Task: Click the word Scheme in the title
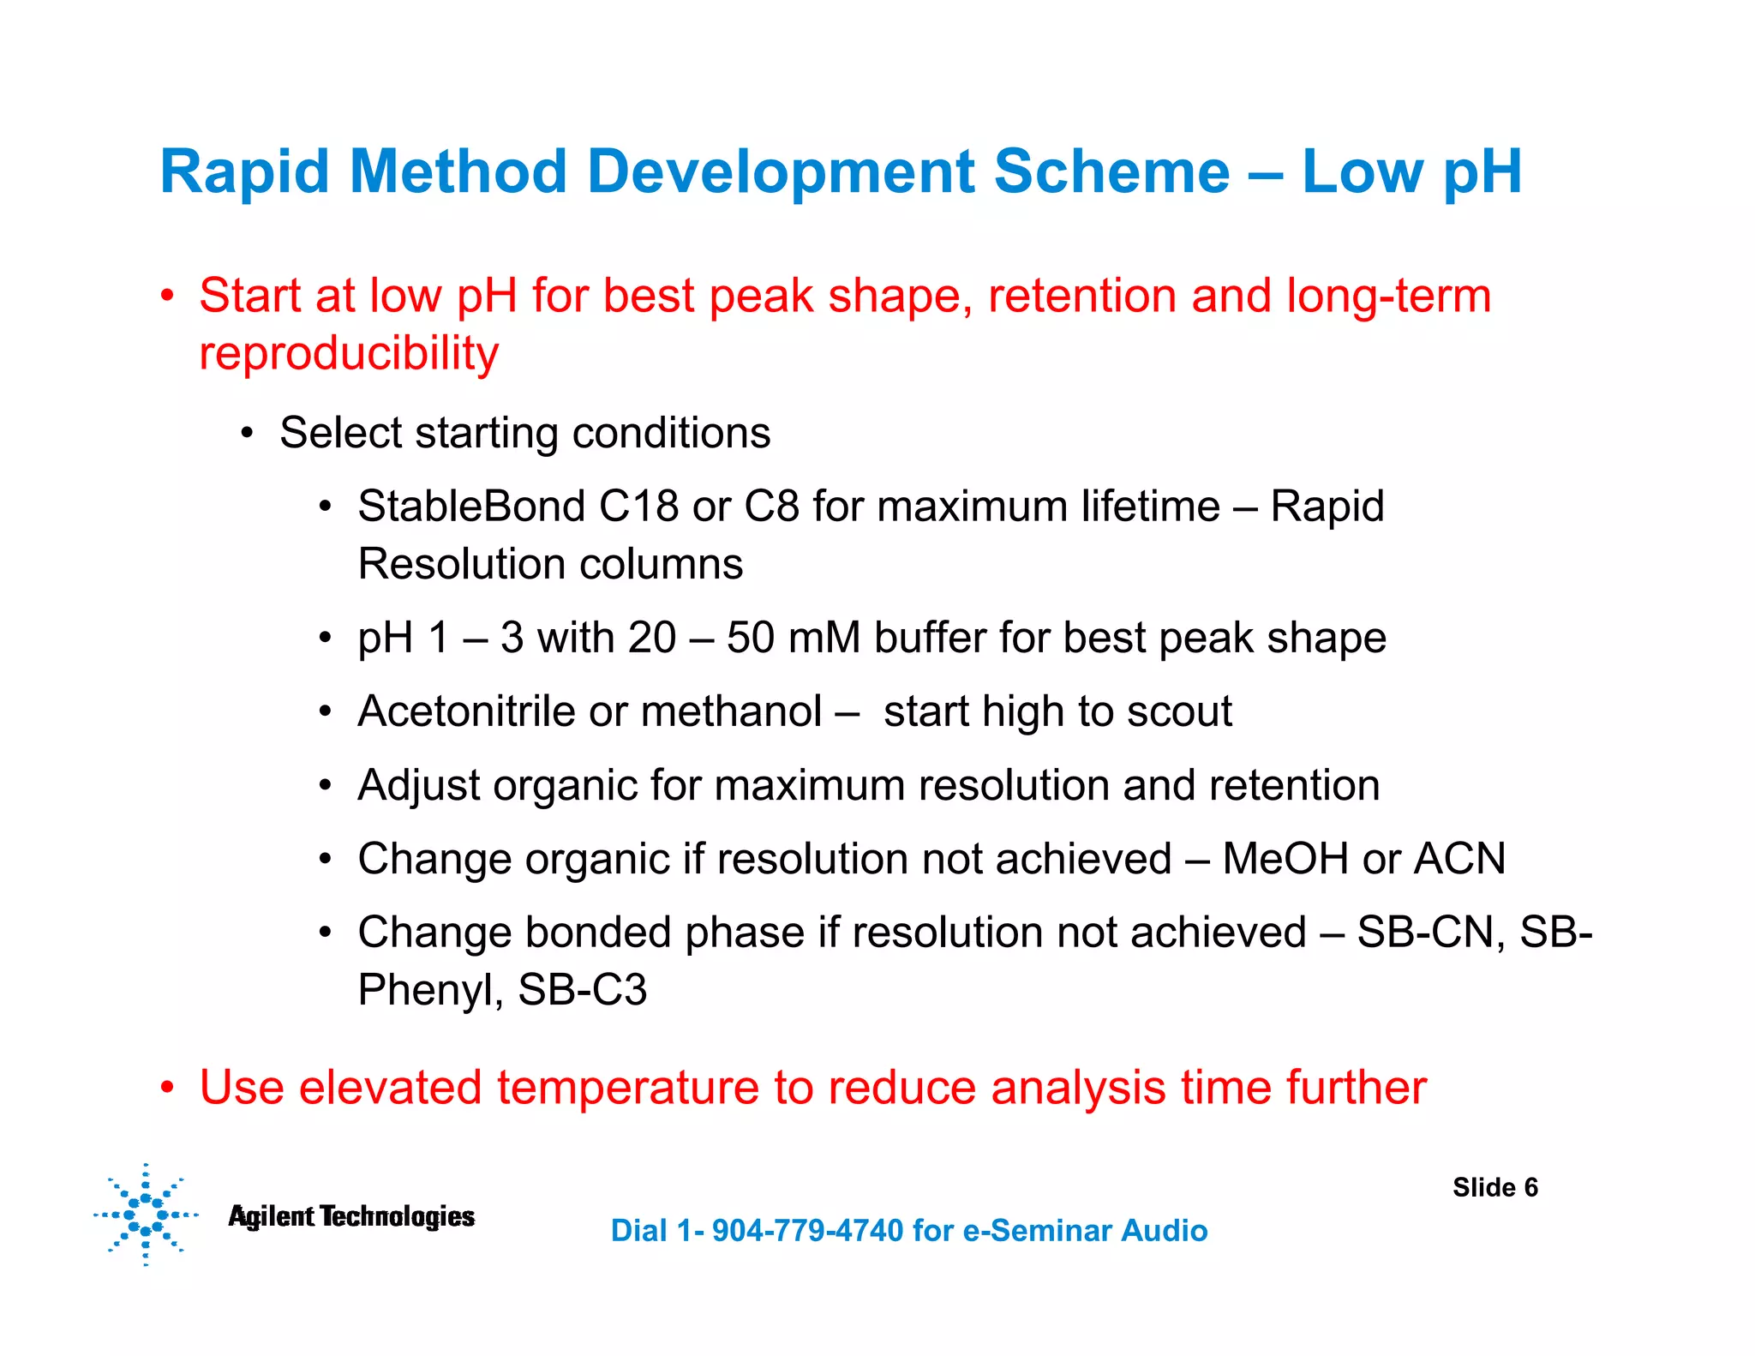(x=1111, y=171)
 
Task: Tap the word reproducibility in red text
(x=349, y=353)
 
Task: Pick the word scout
(x=1179, y=711)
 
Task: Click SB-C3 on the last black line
(x=582, y=990)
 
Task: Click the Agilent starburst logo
(x=146, y=1215)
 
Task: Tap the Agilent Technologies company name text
(x=351, y=1216)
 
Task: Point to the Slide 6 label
(x=1494, y=1187)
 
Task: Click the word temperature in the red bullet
(x=627, y=1088)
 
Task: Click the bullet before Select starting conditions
(x=247, y=434)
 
